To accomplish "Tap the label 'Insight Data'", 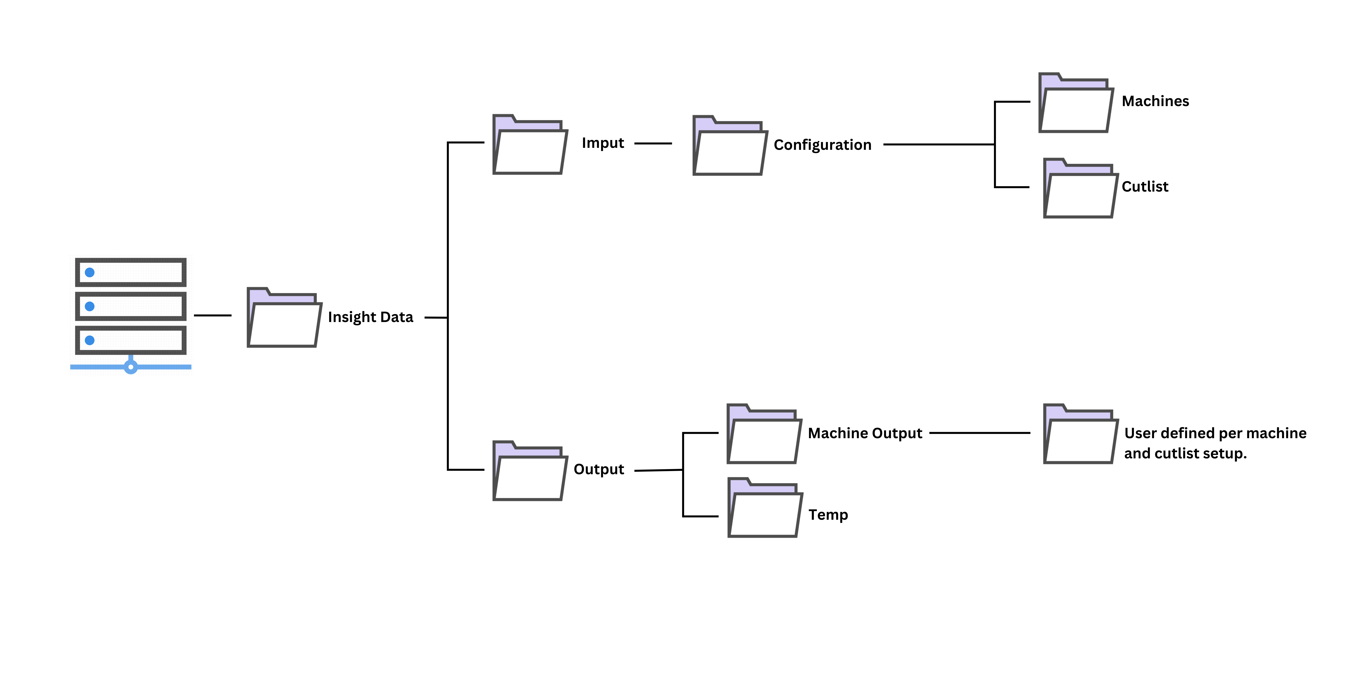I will click(370, 317).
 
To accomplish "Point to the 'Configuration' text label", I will click(822, 145).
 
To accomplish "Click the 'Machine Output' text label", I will click(864, 433).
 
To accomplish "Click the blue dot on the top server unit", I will click(90, 272).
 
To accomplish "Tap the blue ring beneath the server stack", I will click(131, 367).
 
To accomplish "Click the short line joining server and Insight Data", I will click(212, 315).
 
